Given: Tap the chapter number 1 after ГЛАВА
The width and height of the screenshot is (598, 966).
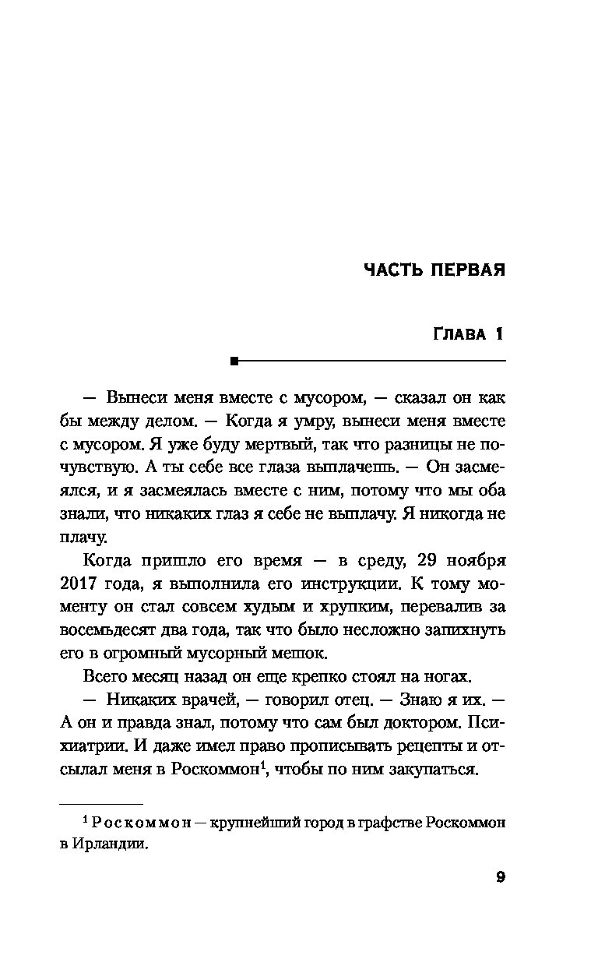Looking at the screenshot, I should (x=499, y=335).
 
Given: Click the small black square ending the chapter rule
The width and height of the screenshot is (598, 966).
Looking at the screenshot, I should (x=233, y=361).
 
